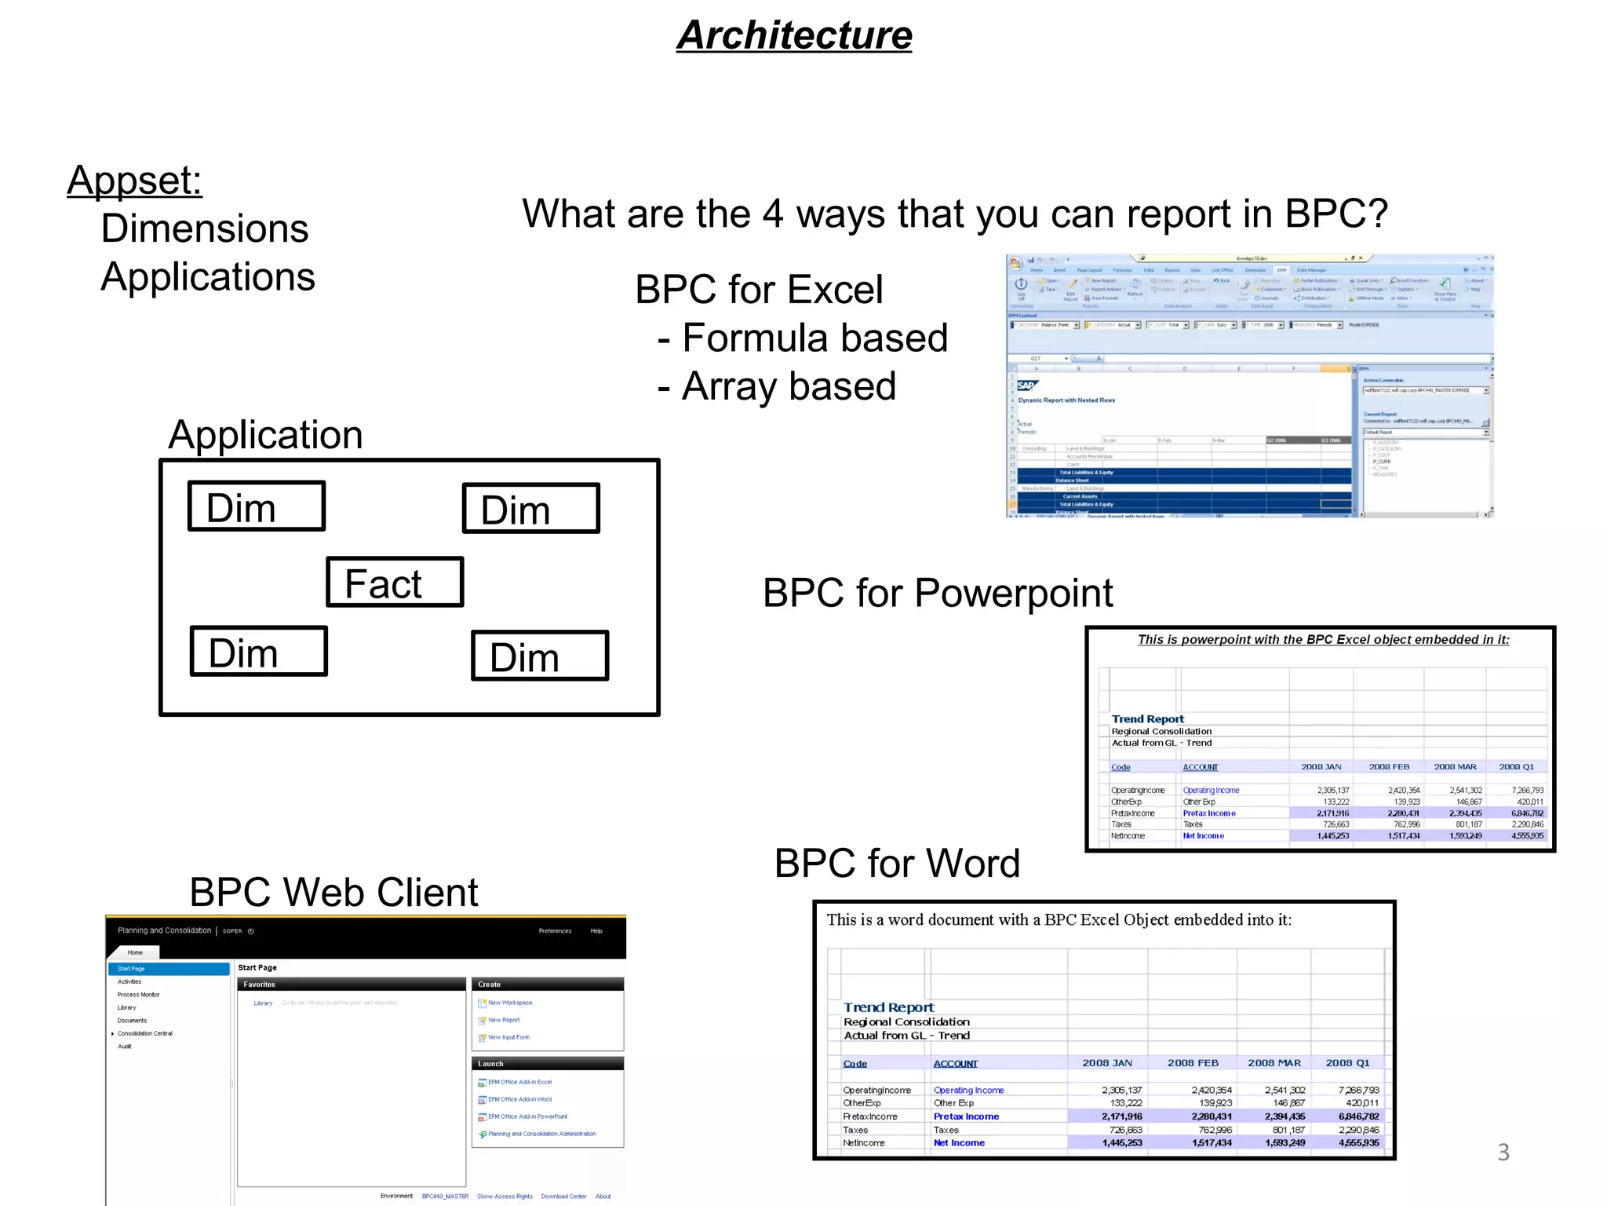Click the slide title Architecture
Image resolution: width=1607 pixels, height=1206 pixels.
click(x=794, y=35)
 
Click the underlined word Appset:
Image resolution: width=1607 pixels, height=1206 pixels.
click(x=134, y=181)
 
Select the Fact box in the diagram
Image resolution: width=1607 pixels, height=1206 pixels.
click(x=394, y=583)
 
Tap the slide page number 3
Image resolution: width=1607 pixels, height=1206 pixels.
click(x=1503, y=1152)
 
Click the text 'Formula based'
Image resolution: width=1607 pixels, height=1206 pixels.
click(x=814, y=338)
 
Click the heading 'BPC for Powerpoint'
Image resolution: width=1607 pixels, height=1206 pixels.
click(x=937, y=593)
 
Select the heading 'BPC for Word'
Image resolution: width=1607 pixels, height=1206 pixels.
click(x=896, y=864)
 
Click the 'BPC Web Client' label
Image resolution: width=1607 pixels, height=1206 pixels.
click(x=333, y=893)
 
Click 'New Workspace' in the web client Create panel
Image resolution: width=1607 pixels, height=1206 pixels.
click(x=509, y=1003)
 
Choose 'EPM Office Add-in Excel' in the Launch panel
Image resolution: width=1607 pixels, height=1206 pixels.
click(x=519, y=1082)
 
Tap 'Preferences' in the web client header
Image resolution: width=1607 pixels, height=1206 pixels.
click(x=555, y=931)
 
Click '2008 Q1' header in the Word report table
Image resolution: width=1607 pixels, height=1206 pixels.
click(x=1346, y=1063)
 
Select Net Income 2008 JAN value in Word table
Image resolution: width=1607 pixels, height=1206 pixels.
click(x=1121, y=1143)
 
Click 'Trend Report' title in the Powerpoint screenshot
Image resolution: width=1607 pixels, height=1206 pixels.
click(x=1147, y=719)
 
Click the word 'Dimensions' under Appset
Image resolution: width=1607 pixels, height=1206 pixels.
click(x=204, y=229)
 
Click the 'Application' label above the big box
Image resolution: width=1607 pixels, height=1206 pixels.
click(x=265, y=435)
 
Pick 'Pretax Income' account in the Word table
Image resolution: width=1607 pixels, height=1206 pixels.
click(x=966, y=1116)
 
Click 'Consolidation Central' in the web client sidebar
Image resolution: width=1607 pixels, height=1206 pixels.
click(x=145, y=1033)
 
